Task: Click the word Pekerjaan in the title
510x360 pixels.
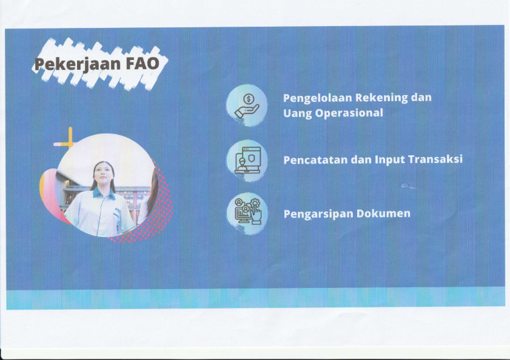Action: coord(78,64)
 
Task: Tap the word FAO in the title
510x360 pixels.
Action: coord(143,64)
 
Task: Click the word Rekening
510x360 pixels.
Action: coord(381,98)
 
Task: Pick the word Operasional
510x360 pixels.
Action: coord(349,113)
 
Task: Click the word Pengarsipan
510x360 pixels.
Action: coord(318,215)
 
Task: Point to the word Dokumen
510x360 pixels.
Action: coord(383,214)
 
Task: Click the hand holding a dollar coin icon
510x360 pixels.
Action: coord(247,105)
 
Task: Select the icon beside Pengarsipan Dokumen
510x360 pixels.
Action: coord(248,212)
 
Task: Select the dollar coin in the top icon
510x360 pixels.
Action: coord(249,98)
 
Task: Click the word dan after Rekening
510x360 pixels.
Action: coord(421,97)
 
